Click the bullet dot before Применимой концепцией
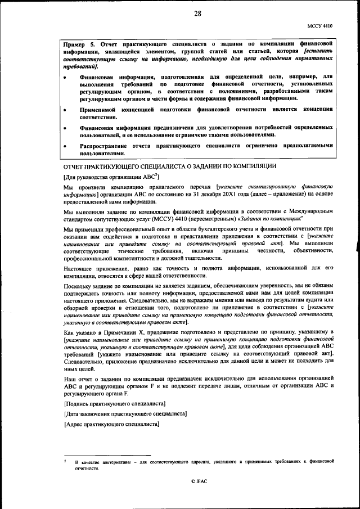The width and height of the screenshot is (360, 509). coord(67,111)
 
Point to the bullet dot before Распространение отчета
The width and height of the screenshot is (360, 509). coord(67,146)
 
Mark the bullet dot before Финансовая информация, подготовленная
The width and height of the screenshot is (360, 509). coord(67,76)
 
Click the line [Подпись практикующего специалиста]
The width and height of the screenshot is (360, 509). coord(115,404)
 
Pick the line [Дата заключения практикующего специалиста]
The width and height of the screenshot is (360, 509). coord(126,414)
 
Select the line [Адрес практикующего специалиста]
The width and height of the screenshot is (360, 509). coord(112,424)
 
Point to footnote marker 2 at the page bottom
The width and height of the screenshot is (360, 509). coord(65,460)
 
